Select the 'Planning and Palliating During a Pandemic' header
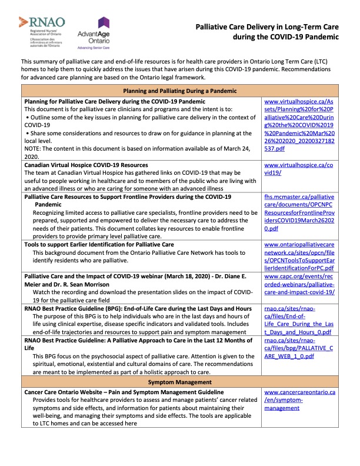coord(179,91)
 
